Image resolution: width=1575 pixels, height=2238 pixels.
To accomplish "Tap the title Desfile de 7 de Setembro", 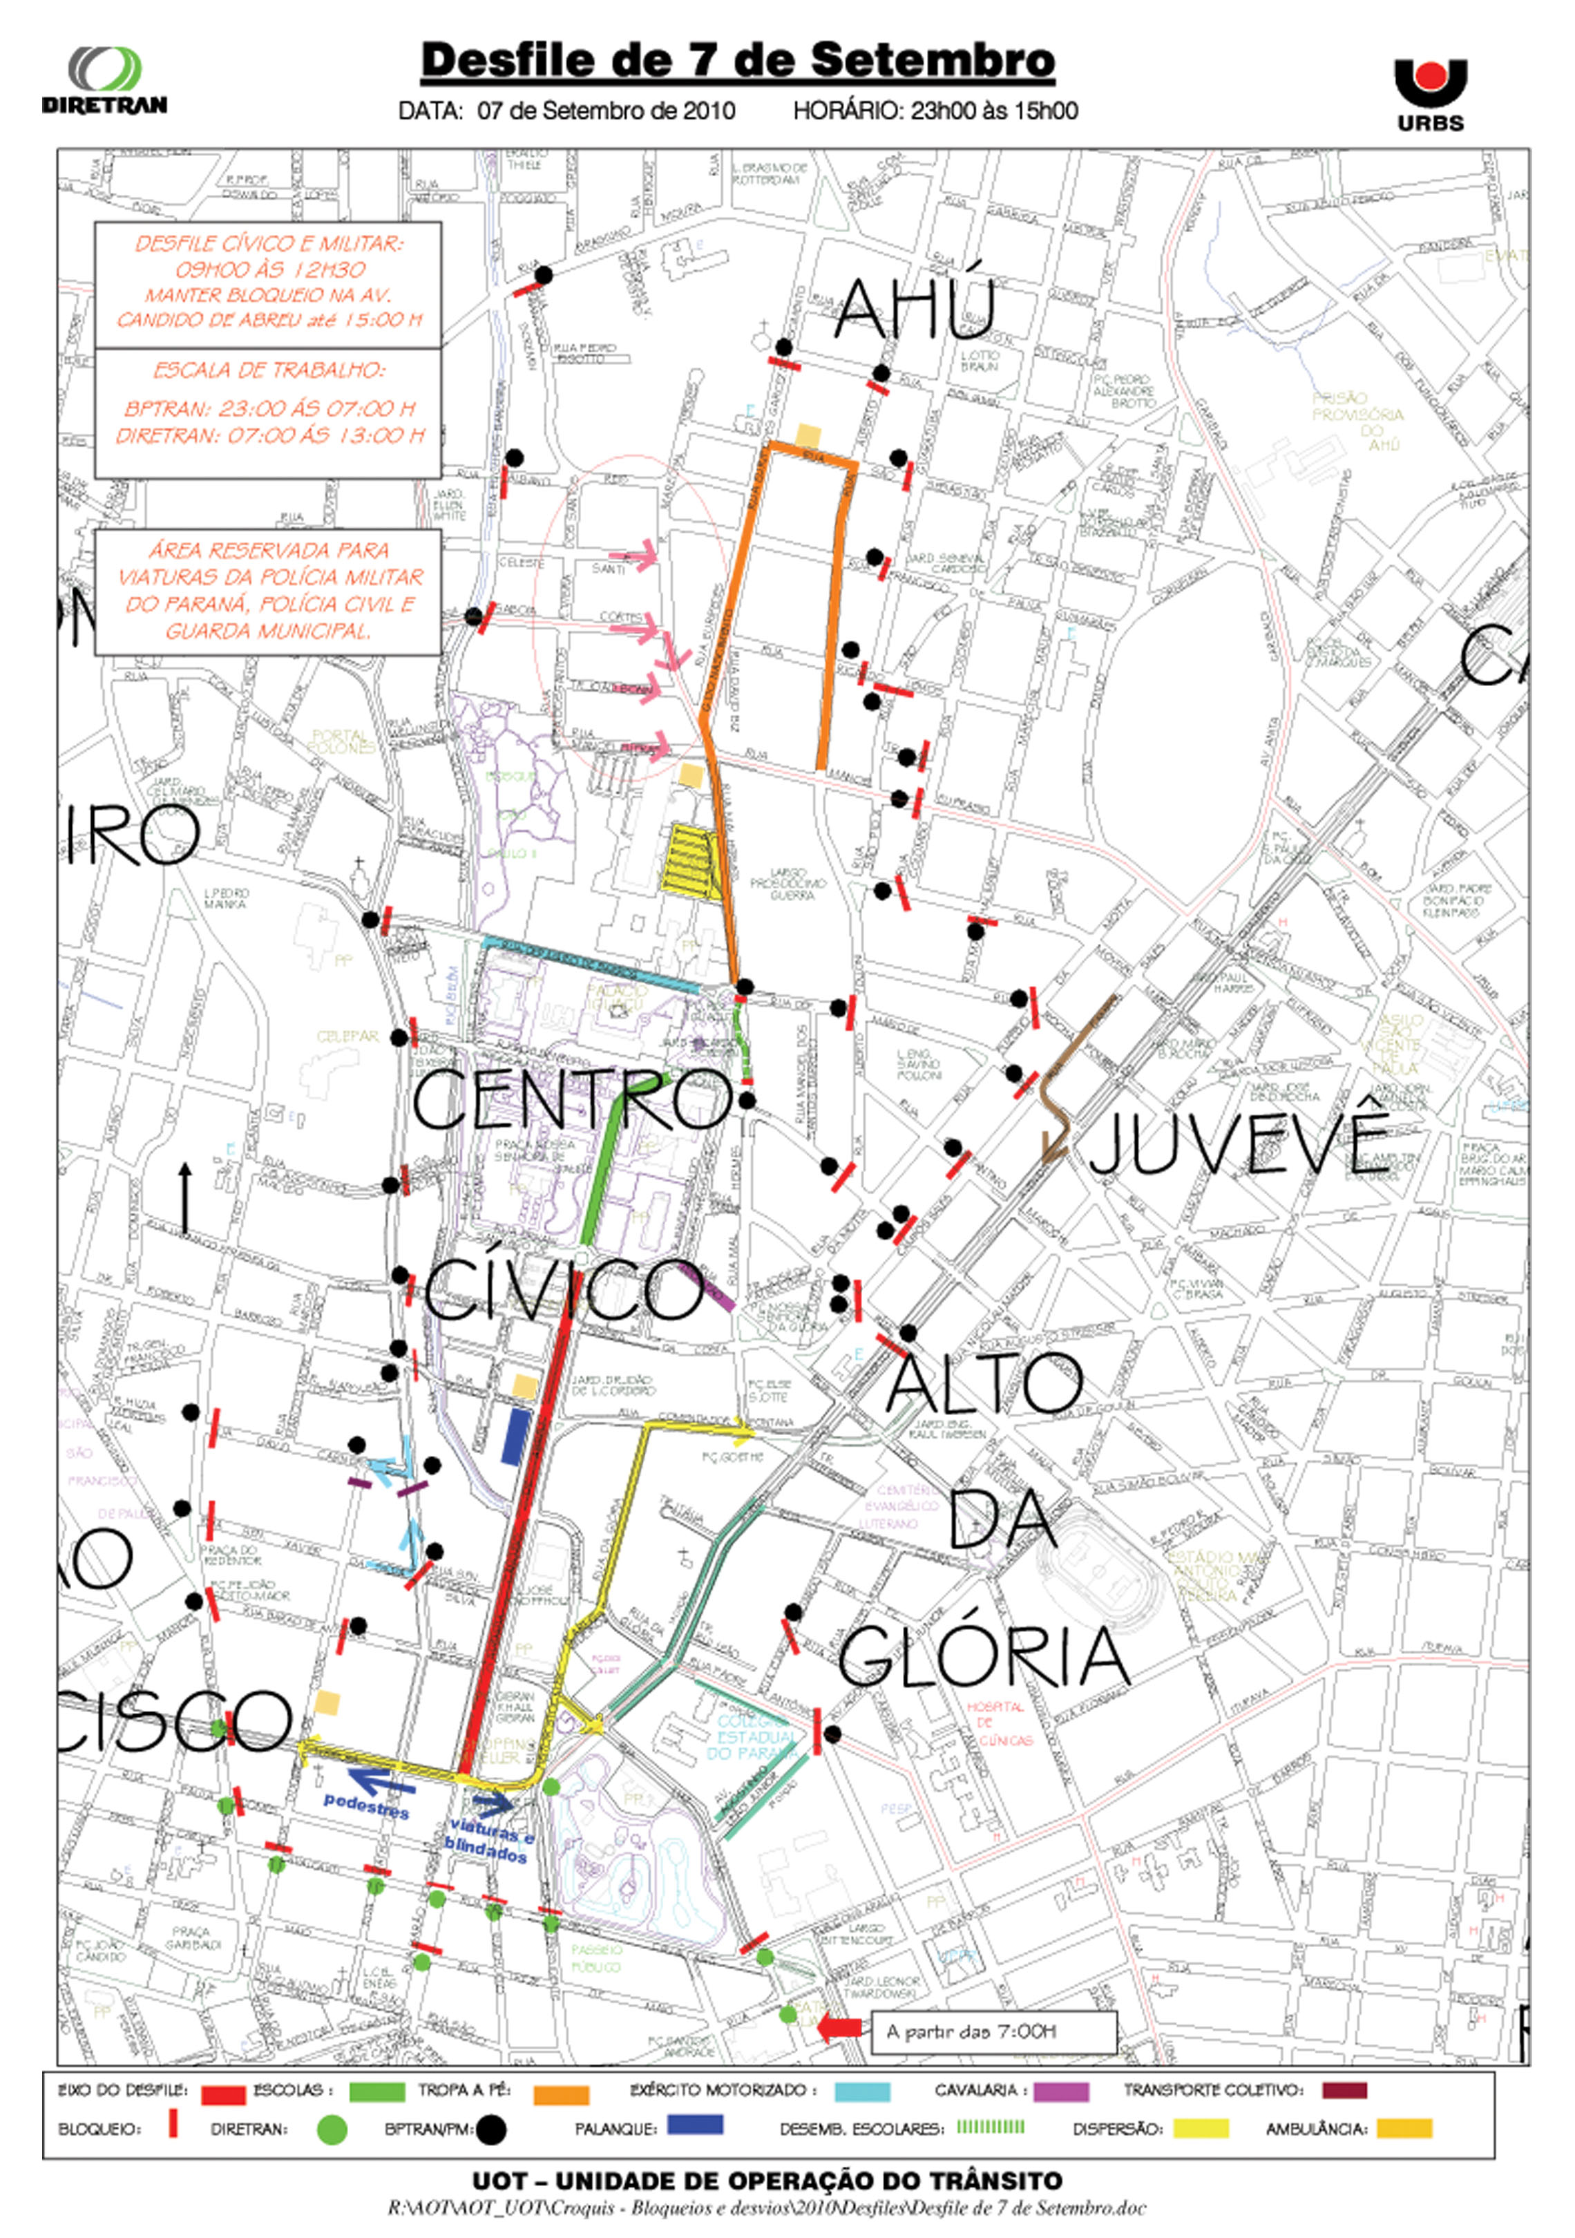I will click(738, 60).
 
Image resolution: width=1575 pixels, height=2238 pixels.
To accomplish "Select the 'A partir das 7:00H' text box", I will click(991, 2031).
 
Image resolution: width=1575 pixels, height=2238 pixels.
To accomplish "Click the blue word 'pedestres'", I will click(365, 1805).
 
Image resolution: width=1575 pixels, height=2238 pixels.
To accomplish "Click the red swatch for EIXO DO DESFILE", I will click(223, 2094).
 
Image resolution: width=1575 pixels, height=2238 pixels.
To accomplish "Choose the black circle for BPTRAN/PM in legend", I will click(491, 2131).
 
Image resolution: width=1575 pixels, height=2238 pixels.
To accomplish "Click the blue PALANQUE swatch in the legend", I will click(694, 2125).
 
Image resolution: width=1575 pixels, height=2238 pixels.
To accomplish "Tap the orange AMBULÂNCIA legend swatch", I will click(1404, 2128).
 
